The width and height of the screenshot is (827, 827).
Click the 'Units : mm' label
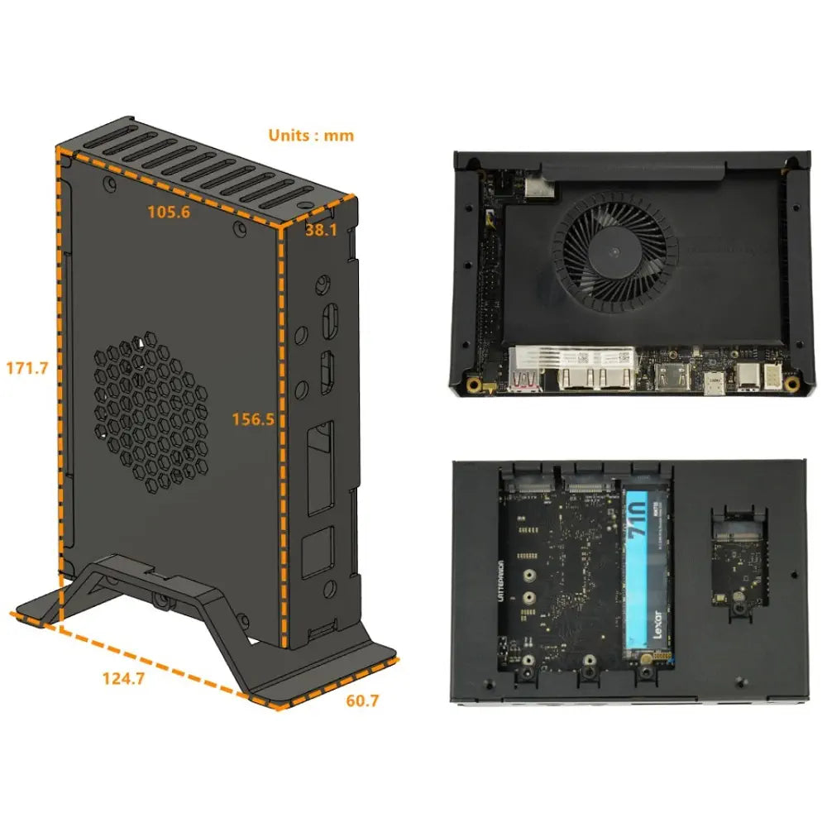(311, 135)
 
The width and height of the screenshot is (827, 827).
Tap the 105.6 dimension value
(169, 212)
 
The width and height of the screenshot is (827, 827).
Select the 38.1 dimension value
(321, 231)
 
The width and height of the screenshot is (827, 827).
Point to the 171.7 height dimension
(26, 367)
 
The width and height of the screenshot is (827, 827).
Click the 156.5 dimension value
(253, 419)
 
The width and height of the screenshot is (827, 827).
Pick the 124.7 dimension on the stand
(123, 679)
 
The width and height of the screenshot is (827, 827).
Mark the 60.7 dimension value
(362, 701)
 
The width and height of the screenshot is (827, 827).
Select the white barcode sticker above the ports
(573, 358)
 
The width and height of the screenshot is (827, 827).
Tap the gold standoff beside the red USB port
(474, 385)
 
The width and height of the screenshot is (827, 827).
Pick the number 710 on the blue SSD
(639, 530)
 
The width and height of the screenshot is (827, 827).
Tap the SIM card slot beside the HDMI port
(712, 384)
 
